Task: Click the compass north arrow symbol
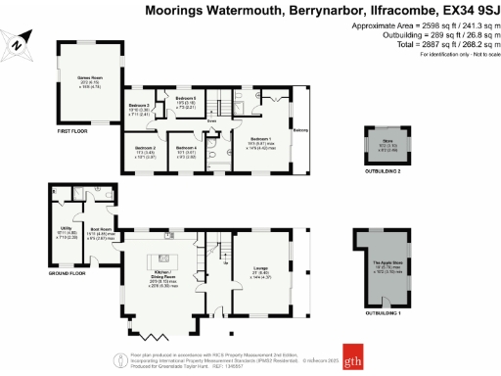point(19,41)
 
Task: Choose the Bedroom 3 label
point(139,106)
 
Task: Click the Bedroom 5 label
point(186,100)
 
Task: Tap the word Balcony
point(301,128)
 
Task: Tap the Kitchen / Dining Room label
point(170,271)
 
